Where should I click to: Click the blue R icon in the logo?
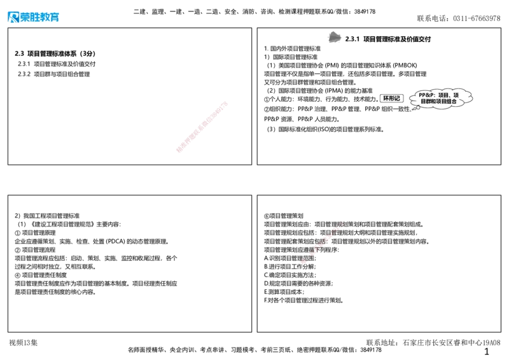coord(13,18)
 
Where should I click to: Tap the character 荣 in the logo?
coord(25,18)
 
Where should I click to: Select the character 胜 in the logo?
coord(36,18)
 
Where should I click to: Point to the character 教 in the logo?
coord(45,18)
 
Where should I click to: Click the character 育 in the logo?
coord(55,18)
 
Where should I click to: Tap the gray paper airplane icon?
coord(334,38)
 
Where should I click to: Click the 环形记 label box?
coord(391,98)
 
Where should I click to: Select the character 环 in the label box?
coord(385,98)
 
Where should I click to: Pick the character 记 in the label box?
coord(398,98)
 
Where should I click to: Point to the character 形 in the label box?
coord(391,98)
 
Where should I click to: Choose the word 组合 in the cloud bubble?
coord(451,101)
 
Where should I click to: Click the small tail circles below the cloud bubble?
coord(415,108)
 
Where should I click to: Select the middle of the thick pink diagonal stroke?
coord(201,127)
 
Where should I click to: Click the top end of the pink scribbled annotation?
coord(342,223)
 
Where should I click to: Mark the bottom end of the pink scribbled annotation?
coord(303,261)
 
